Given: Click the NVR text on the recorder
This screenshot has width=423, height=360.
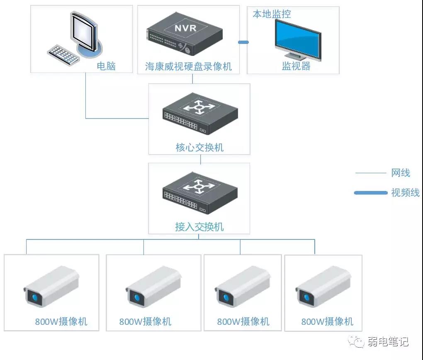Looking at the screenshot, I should coord(186,29).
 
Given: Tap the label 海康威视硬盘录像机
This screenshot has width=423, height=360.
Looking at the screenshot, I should coord(188,66).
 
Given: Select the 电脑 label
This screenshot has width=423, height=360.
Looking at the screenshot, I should coord(106,66).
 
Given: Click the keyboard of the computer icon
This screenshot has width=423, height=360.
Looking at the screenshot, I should coord(63,55).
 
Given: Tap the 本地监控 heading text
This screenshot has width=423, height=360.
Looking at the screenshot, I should coord(272,14).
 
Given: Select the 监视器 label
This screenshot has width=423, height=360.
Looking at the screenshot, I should coord(296,66).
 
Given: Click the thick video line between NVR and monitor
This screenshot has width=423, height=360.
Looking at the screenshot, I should coord(243,42).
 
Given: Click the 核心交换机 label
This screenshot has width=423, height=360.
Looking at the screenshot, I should coord(199,147).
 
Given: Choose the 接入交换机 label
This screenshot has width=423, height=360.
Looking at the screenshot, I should coord(199,227).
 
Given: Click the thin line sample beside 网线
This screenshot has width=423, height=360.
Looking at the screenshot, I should coord(370,173).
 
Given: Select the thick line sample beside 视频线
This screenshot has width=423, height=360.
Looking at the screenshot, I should coord(370,193).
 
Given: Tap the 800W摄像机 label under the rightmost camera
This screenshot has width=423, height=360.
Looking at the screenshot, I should coord(327,321).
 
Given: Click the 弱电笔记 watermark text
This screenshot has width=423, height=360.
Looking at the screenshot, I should coord(388,342).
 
